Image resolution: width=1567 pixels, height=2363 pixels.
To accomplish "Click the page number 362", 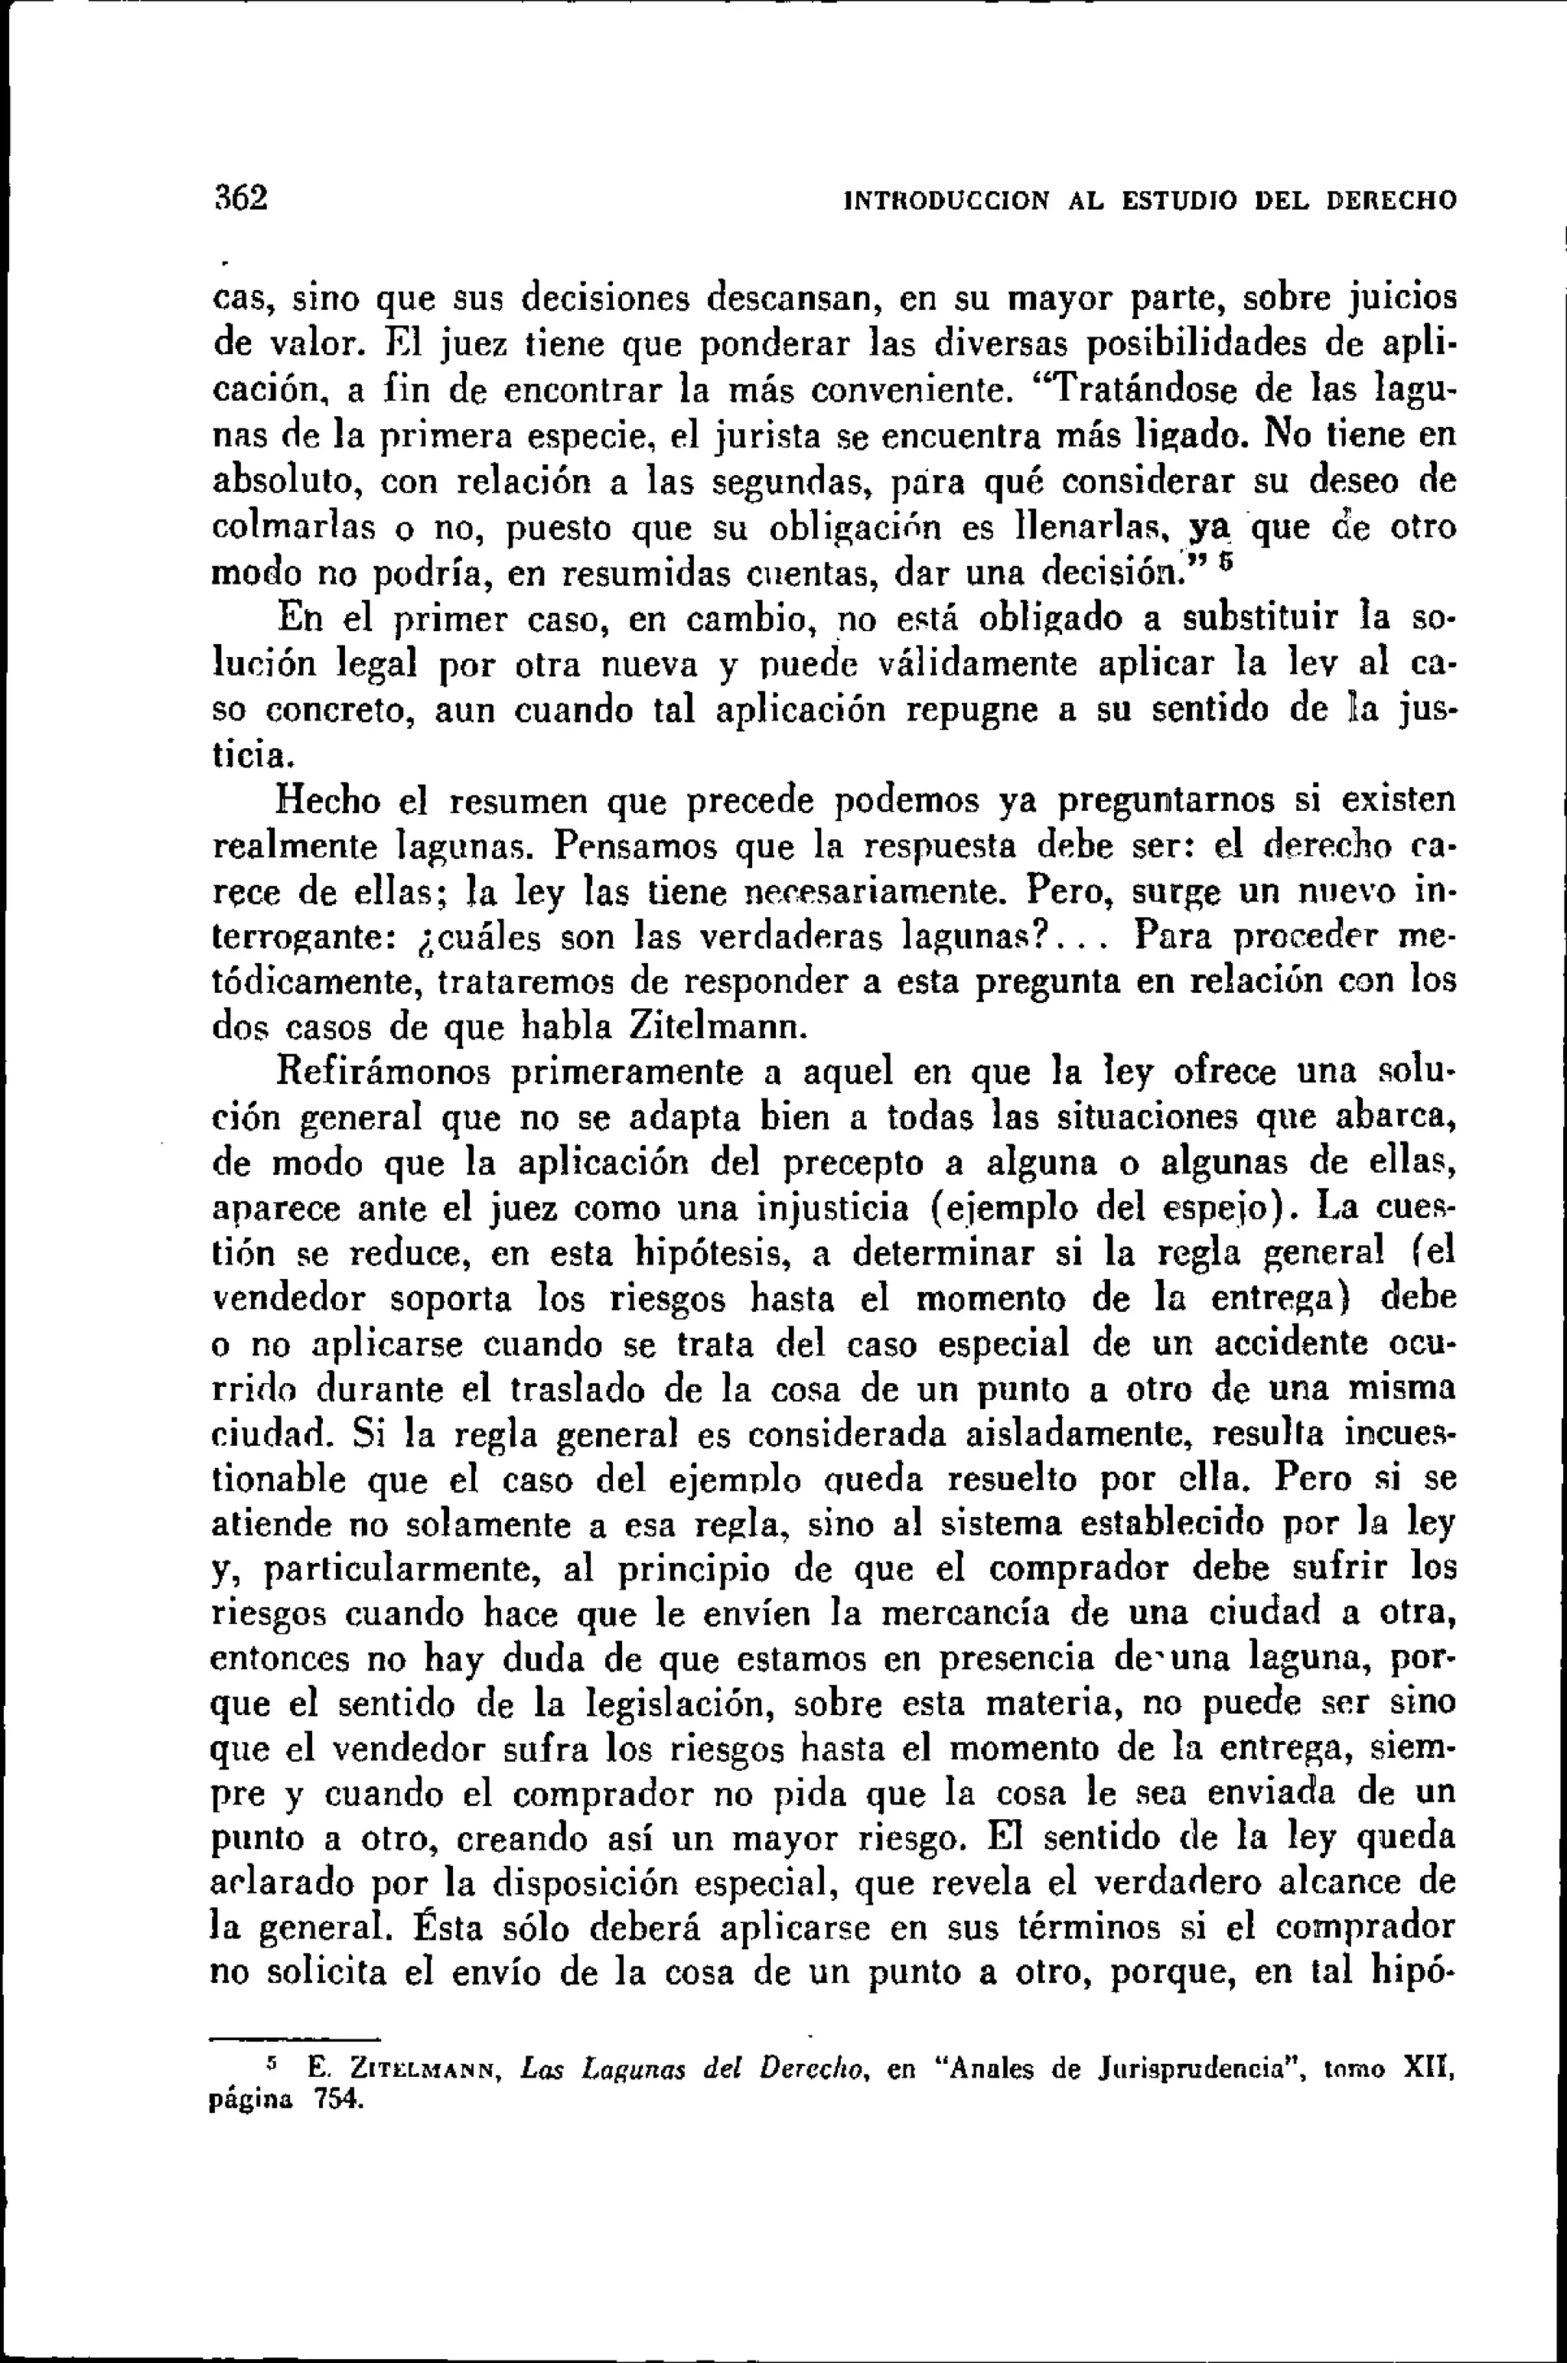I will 242,197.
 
